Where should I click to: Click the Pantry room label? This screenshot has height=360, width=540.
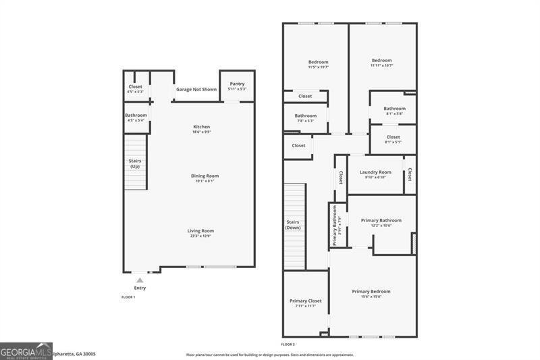[x=237, y=84]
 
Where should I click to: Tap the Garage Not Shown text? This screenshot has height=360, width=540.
[x=196, y=89]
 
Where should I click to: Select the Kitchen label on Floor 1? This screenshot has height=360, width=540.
[x=202, y=127]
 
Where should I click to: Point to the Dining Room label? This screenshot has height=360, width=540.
[x=204, y=176]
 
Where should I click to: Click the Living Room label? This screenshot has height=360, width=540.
[x=200, y=231]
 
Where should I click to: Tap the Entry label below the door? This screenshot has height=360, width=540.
[x=140, y=288]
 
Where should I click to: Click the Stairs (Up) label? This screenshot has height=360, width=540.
[x=135, y=163]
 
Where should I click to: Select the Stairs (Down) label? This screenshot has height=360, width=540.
[x=293, y=224]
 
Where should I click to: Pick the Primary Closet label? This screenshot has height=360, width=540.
[x=305, y=301]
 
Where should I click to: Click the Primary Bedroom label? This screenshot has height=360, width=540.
[x=371, y=292]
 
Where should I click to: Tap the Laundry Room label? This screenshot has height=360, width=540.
[x=375, y=172]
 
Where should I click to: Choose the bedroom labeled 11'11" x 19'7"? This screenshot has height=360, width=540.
[x=381, y=61]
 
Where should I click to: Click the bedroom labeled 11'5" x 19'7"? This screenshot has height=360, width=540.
[x=319, y=62]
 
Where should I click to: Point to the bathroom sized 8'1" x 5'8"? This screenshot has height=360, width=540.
[x=394, y=109]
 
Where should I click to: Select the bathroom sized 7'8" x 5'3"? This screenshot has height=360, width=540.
[x=305, y=115]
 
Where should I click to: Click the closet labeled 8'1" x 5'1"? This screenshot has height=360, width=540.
[x=393, y=138]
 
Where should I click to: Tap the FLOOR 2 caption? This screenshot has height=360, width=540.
[x=288, y=344]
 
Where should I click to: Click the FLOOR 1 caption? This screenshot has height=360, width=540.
[x=128, y=297]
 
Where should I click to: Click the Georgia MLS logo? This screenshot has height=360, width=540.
[x=26, y=351]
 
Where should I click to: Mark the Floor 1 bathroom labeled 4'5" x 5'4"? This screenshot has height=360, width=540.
[x=136, y=115]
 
